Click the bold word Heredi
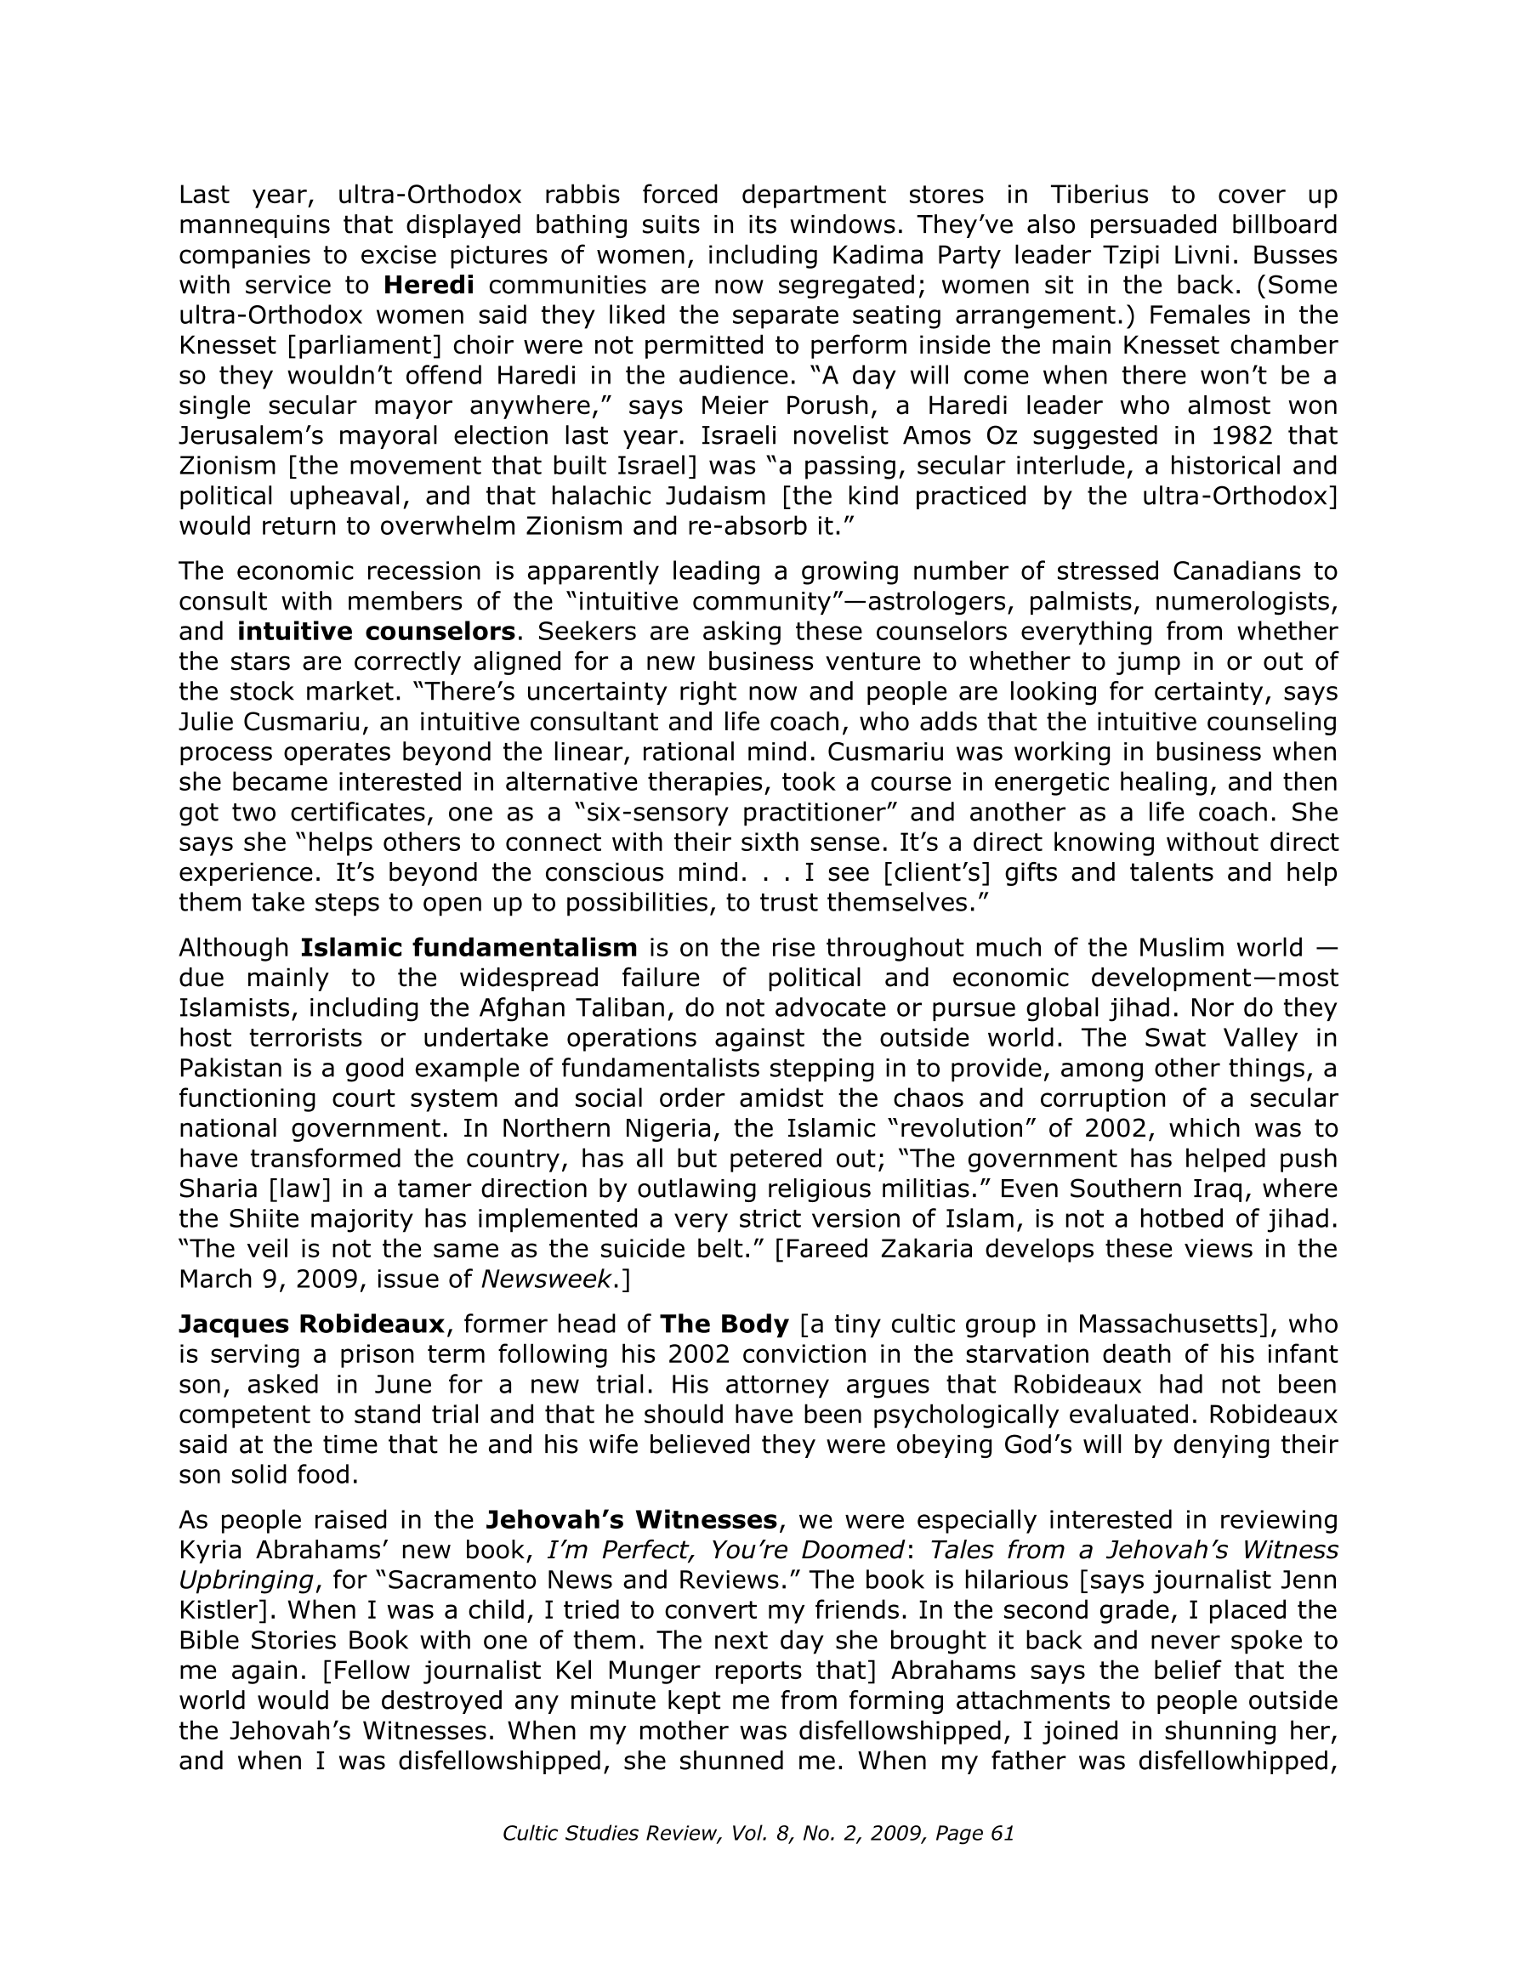click(429, 285)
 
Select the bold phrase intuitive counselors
click(376, 631)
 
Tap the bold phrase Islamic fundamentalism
click(469, 947)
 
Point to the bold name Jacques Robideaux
click(311, 1324)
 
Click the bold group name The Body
click(724, 1324)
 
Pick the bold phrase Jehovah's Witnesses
click(631, 1520)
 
